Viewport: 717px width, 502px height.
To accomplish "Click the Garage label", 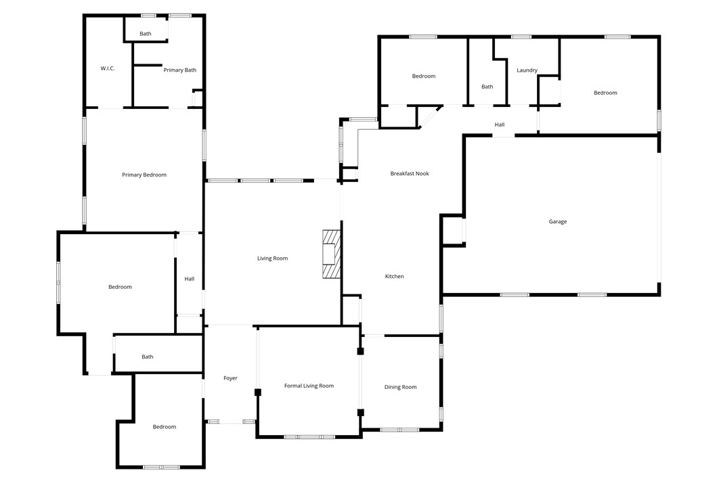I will pos(558,222).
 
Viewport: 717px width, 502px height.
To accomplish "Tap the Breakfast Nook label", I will pos(410,174).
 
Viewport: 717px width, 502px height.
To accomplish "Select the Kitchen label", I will pos(394,277).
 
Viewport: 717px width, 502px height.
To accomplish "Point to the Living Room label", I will pos(272,258).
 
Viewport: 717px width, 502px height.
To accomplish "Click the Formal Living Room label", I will pos(309,386).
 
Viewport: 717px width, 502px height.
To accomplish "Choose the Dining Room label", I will pos(400,388).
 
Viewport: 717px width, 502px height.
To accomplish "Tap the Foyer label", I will pos(230,378).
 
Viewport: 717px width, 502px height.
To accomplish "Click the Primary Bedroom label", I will pos(144,175).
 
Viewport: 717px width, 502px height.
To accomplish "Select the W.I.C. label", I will pos(108,68).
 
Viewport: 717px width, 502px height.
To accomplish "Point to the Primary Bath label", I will pos(180,70).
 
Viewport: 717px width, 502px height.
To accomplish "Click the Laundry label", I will pos(527,70).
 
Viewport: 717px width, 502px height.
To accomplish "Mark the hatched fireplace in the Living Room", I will pos(331,254).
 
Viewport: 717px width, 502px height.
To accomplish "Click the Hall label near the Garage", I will pos(500,125).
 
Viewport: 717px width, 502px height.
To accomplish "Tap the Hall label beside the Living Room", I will pos(190,279).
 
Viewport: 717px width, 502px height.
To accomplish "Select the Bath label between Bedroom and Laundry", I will pos(487,87).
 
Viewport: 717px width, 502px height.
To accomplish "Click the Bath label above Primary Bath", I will pos(146,34).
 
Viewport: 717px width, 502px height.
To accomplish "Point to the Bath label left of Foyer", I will pos(148,357).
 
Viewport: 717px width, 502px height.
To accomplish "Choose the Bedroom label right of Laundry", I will pos(605,93).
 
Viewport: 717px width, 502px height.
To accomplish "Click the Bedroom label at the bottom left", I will pos(165,427).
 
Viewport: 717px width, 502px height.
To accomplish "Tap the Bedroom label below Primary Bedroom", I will pos(121,288).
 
